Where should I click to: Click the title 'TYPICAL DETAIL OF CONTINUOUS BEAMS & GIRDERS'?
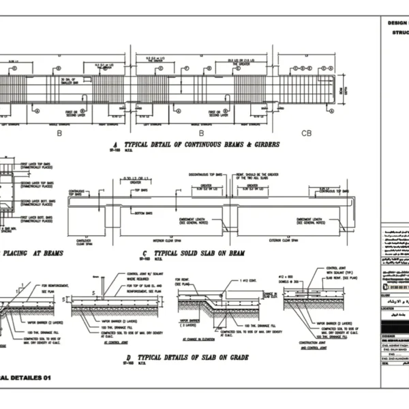pyautogui.click(x=184, y=145)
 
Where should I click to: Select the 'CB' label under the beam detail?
pyautogui.click(x=307, y=133)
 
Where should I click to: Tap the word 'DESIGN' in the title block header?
pyautogui.click(x=398, y=22)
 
